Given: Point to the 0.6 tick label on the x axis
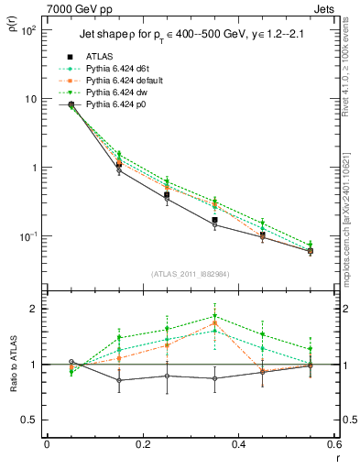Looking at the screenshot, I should click(333, 446).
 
